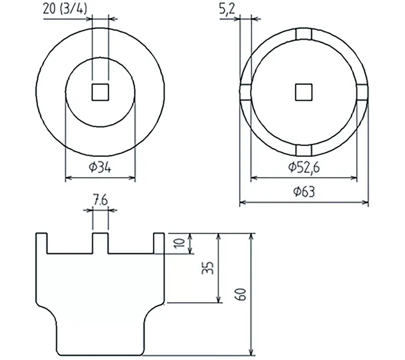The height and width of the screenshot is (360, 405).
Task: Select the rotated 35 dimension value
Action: [209, 268]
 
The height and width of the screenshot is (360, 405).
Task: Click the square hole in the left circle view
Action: [100, 92]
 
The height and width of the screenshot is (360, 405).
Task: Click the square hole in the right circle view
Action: [304, 92]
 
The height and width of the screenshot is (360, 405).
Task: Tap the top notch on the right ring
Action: [304, 34]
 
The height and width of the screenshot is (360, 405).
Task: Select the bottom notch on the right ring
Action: [304, 150]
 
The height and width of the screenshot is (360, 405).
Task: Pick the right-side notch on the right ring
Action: [362, 92]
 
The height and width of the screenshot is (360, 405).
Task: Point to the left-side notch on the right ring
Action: [245, 92]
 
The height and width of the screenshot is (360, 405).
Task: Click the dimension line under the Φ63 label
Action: [304, 203]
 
